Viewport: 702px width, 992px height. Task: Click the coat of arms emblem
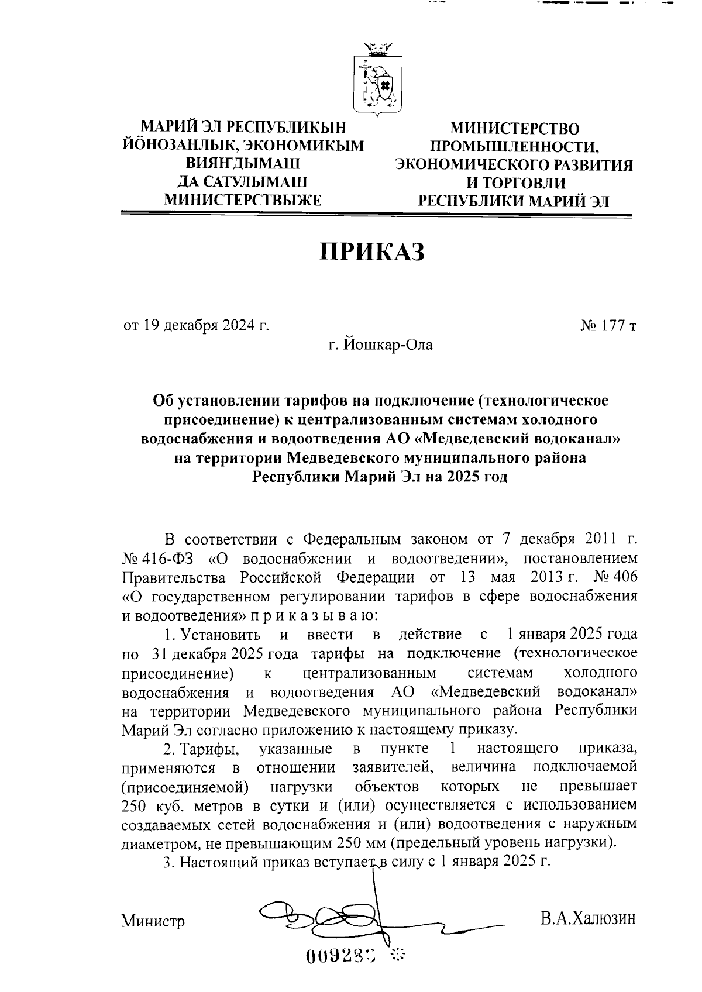click(x=378, y=79)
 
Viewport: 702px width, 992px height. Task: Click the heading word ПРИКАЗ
click(x=372, y=252)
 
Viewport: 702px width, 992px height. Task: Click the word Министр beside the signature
click(x=153, y=922)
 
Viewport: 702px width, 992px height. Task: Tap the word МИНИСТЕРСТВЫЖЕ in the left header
click(x=243, y=201)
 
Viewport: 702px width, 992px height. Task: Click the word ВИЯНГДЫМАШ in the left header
click(x=243, y=164)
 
